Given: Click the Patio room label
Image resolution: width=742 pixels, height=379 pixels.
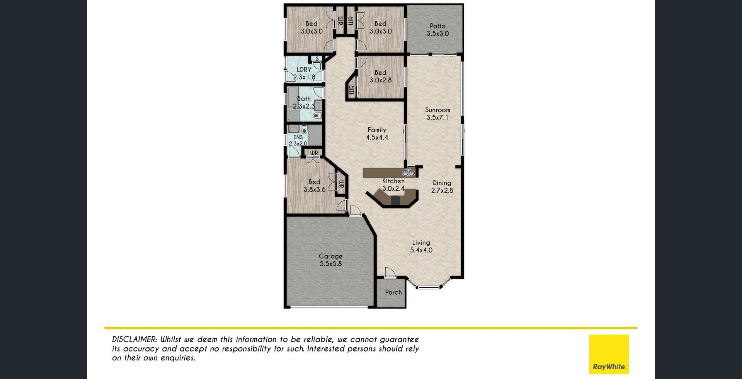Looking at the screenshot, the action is click(437, 30).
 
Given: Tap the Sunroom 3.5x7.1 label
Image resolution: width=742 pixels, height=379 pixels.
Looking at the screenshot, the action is click(437, 114).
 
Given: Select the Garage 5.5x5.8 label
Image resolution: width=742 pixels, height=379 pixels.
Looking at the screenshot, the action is click(331, 260).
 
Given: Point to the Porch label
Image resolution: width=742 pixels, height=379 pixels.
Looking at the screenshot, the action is click(393, 292).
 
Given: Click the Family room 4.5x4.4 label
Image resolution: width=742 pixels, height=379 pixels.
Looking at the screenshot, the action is click(377, 133).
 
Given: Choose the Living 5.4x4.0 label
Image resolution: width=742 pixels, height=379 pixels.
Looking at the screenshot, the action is click(421, 246).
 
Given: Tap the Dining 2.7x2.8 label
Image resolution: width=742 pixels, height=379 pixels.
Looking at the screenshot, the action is click(442, 186).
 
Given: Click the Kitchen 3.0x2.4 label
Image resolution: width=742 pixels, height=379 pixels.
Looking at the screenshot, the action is click(393, 185).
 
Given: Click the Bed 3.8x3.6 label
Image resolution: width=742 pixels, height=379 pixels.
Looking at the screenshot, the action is click(315, 186).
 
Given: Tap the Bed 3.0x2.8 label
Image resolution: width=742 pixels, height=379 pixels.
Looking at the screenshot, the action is click(381, 76).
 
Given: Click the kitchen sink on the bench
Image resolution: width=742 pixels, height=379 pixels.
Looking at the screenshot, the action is click(408, 172).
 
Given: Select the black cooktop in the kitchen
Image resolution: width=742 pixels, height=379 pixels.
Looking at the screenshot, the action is click(395, 201).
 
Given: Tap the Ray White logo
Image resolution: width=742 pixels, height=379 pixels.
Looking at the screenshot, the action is click(609, 354).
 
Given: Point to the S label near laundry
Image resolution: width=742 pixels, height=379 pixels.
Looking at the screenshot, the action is click(317, 59).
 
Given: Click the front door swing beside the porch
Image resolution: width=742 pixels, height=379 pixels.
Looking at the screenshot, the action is click(390, 272).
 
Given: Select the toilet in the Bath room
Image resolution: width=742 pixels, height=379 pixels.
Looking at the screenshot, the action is click(317, 116).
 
